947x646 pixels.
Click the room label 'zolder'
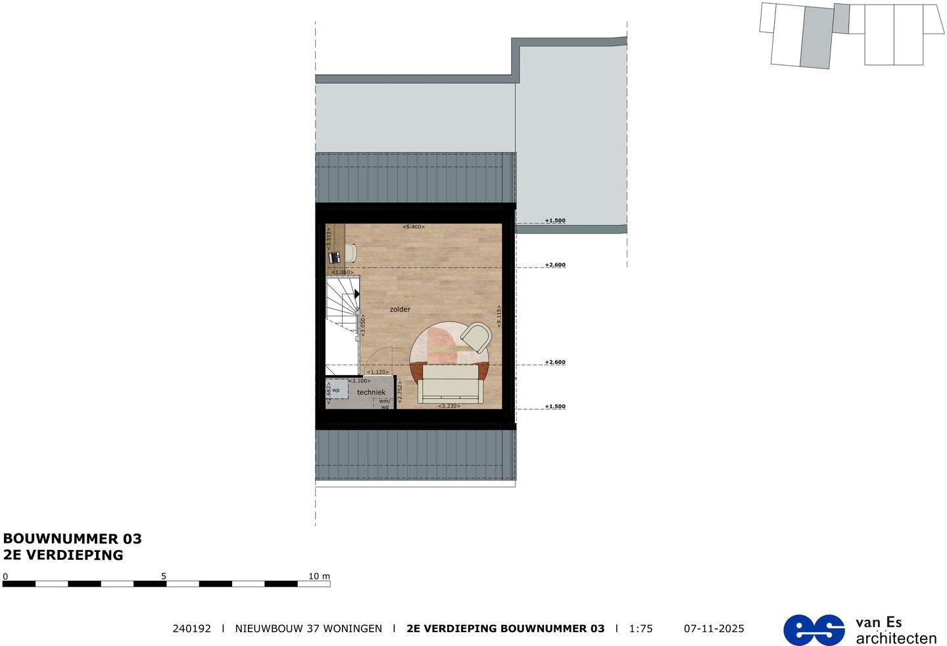400,309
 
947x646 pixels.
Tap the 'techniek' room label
372,393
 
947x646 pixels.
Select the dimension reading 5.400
414,227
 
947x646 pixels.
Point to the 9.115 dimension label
499,316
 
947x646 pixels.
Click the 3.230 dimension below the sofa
449,406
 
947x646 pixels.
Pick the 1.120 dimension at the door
378,372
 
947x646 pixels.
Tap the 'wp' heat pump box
336,390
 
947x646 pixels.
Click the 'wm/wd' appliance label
385,403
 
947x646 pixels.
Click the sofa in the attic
450,384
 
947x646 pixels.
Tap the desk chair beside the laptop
350,252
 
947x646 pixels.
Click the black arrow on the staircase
356,294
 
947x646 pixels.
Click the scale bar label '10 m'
319,576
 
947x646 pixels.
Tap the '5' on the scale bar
164,576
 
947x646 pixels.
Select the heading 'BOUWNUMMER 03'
72,539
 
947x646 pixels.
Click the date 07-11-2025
714,629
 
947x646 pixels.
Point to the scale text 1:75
641,629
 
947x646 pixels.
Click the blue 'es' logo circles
813,630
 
